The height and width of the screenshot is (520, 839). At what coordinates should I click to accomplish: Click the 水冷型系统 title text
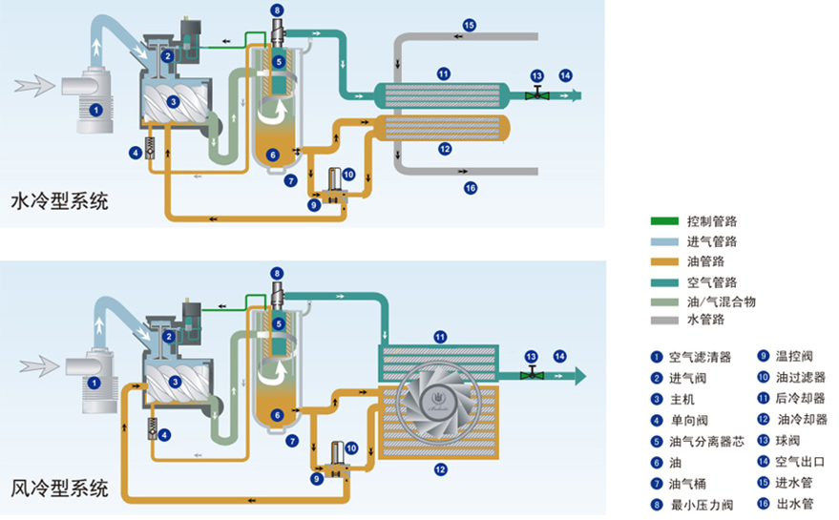tap(59, 202)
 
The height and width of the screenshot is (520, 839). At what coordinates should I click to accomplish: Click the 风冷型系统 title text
tap(59, 489)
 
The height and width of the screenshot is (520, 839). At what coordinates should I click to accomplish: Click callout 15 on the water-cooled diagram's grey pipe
tap(469, 25)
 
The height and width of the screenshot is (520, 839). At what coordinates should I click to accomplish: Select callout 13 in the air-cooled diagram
tap(532, 356)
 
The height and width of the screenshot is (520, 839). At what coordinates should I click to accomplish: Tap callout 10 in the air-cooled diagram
tap(351, 447)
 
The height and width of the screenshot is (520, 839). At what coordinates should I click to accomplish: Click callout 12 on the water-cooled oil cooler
tap(444, 149)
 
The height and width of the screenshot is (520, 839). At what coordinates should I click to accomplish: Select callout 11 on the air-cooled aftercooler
tap(440, 336)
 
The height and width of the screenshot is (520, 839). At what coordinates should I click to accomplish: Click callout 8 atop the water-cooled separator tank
tap(277, 11)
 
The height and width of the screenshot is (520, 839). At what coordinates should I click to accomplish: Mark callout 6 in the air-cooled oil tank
tap(275, 415)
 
